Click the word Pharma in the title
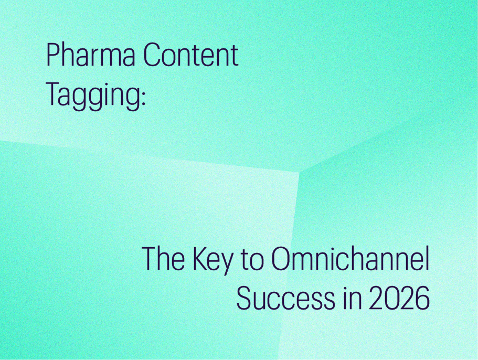tap(91, 55)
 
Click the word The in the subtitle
tap(163, 259)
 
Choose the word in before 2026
tap(349, 298)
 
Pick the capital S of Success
tap(245, 298)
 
